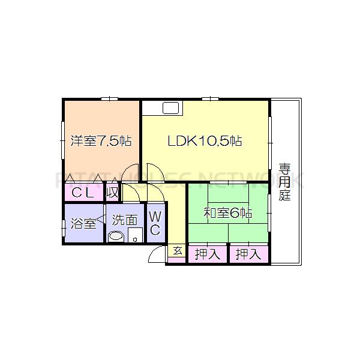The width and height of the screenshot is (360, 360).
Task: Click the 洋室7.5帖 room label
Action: point(101,142)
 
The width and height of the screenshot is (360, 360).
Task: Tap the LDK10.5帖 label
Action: point(205,142)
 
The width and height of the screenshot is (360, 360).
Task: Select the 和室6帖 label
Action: point(227,213)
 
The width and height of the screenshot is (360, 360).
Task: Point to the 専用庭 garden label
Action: point(284,182)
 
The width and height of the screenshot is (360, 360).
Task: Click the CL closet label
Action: point(83,193)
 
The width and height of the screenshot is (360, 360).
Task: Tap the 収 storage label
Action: point(112,193)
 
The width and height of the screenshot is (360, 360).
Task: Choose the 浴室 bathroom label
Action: point(83,224)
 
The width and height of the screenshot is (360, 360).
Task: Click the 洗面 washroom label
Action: point(125,220)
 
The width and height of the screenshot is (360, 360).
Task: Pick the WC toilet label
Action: point(154,223)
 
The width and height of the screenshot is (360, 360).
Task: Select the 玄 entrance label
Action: point(177,251)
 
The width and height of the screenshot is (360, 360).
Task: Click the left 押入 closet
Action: point(207,254)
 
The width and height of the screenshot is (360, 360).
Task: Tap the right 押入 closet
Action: point(248,254)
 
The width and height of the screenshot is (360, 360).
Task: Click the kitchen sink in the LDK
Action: point(170,108)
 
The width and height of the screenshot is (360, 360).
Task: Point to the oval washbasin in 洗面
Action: point(117,236)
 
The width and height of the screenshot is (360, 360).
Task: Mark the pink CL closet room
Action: point(84,193)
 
